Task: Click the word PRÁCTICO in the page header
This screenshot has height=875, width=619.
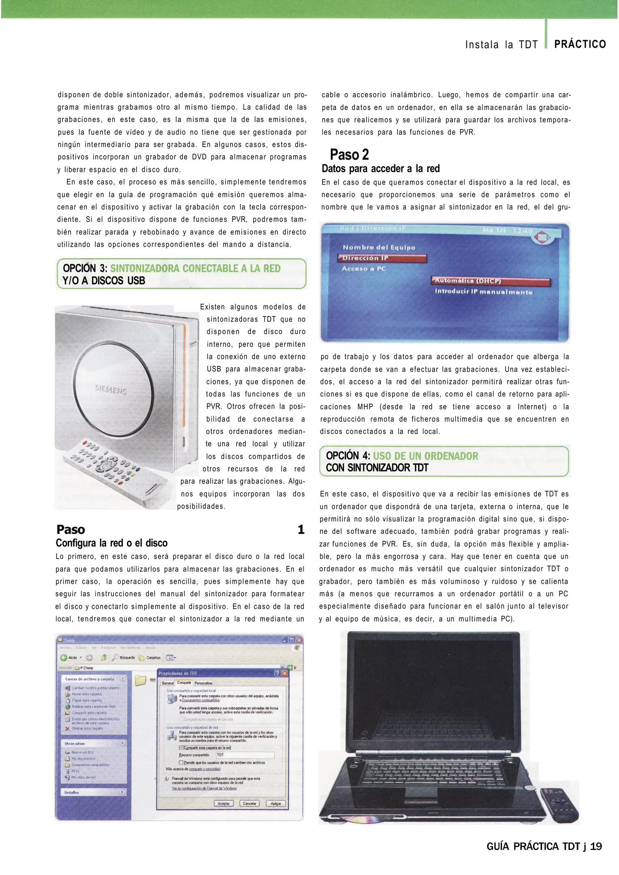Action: click(x=580, y=44)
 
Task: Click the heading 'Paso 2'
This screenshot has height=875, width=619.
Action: click(x=349, y=155)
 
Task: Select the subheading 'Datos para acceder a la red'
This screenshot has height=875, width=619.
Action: click(x=380, y=169)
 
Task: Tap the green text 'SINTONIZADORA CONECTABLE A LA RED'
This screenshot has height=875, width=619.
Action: click(x=195, y=269)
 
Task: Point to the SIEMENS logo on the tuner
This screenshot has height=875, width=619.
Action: click(x=111, y=390)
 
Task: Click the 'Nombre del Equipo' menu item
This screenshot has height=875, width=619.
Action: click(x=379, y=247)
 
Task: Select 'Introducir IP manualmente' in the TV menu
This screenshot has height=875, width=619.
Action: click(x=483, y=292)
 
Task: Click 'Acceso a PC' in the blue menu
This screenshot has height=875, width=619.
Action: click(x=364, y=269)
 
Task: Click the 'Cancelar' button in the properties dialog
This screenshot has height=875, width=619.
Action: click(x=250, y=803)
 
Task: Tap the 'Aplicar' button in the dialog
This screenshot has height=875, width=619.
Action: click(x=275, y=803)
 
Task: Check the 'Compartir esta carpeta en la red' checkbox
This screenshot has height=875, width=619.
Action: click(x=181, y=747)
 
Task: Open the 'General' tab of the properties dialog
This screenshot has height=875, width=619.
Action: click(x=168, y=683)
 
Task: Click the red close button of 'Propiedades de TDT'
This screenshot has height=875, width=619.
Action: click(x=285, y=673)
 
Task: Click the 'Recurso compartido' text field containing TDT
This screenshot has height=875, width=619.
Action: click(x=245, y=755)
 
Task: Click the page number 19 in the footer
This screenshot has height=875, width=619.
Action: click(x=596, y=846)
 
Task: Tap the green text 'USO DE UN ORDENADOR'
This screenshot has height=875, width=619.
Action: click(x=425, y=456)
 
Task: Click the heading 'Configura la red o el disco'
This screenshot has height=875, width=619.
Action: click(x=111, y=543)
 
